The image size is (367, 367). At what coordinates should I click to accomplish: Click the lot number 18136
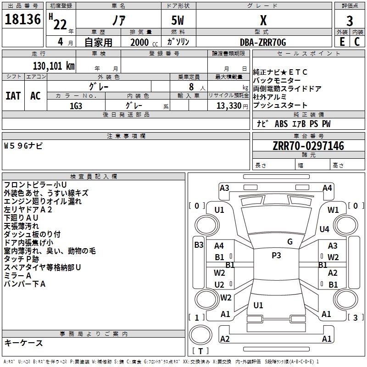pos(22,19)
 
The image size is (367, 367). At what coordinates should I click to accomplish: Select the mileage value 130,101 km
pos(54,66)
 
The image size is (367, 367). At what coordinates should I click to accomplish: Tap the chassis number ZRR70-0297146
pos(308,146)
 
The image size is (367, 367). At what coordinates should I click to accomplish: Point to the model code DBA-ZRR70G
pos(263,42)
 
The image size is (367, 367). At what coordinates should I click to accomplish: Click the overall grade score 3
pos(350,21)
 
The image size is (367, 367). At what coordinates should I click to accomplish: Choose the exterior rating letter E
pos(342,42)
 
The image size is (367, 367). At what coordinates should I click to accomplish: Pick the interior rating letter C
pos(357,42)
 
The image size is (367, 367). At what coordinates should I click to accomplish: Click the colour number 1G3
pos(76,106)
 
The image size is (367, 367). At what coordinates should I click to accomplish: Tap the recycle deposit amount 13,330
pos(229,106)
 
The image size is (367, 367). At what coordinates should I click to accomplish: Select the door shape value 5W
pos(178,20)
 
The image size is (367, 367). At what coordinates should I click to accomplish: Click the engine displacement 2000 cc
pos(144,42)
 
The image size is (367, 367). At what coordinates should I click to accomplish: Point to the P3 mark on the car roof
pos(276,256)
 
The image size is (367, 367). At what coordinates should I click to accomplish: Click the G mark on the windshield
pos(290,242)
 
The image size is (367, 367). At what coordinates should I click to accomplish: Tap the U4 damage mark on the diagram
pos(324,229)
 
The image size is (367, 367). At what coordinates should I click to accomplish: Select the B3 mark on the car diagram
pos(199,245)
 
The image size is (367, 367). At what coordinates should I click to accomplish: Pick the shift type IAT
pos(13,96)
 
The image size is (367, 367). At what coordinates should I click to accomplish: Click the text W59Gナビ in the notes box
pos(23,146)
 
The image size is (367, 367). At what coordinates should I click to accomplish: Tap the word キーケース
pos(23,343)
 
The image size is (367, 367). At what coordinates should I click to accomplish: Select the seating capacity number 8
pos(191,87)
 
